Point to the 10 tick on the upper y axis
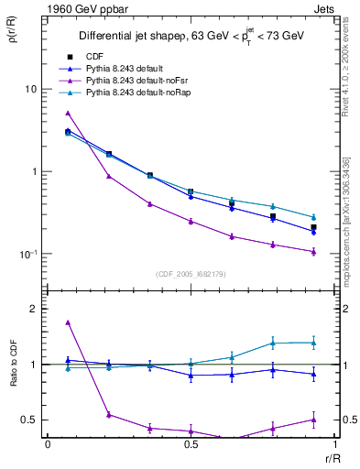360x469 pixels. pyautogui.click(x=30, y=90)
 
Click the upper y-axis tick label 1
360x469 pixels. pyautogui.click(x=33, y=172)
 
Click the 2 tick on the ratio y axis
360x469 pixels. pyautogui.click(x=33, y=309)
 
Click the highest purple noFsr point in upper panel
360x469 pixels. pyautogui.click(x=68, y=114)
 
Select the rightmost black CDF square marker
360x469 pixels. pyautogui.click(x=313, y=227)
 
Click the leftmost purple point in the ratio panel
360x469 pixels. pyautogui.click(x=68, y=322)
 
